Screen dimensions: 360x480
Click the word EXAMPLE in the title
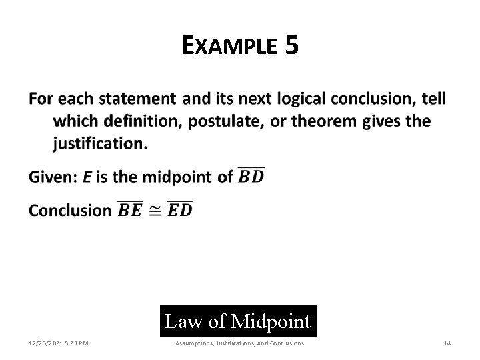228,47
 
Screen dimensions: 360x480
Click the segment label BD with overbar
251,177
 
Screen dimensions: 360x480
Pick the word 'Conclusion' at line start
69,211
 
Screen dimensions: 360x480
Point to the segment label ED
179,211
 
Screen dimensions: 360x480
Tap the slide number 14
447,343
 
